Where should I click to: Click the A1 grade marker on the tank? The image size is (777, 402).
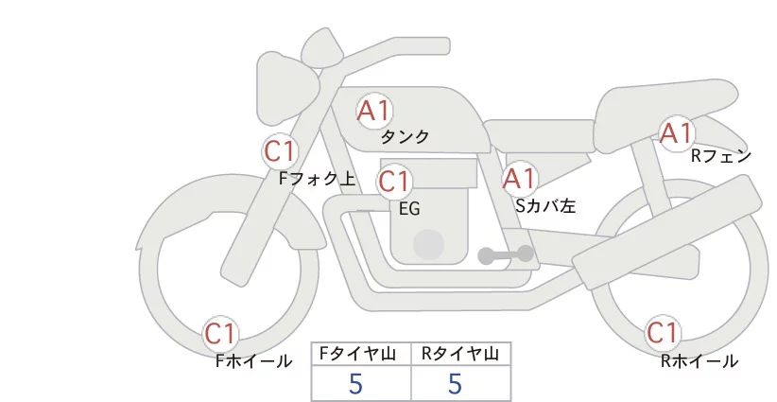(374, 111)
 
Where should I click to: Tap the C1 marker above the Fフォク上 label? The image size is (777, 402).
(281, 151)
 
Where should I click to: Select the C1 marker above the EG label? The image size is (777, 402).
(394, 182)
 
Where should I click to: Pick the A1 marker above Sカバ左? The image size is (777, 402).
(519, 179)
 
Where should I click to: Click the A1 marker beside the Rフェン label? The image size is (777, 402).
(677, 132)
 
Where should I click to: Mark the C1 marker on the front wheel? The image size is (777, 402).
(220, 333)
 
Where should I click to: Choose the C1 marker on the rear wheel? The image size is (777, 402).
(663, 332)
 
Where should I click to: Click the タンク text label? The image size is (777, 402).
(405, 137)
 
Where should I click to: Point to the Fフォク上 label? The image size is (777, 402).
(318, 179)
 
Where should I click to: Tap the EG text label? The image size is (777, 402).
(409, 209)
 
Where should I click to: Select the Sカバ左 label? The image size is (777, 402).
(545, 205)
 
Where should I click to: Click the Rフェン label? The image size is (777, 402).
(721, 156)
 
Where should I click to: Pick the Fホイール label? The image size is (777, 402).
(253, 361)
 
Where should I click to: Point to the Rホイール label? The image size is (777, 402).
(699, 361)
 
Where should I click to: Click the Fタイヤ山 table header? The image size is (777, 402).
(357, 354)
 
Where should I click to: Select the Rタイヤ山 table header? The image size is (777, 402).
(460, 354)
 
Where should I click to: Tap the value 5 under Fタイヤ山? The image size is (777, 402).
(355, 384)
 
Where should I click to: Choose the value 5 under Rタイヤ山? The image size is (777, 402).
(455, 384)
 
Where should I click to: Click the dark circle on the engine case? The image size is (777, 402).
(428, 245)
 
